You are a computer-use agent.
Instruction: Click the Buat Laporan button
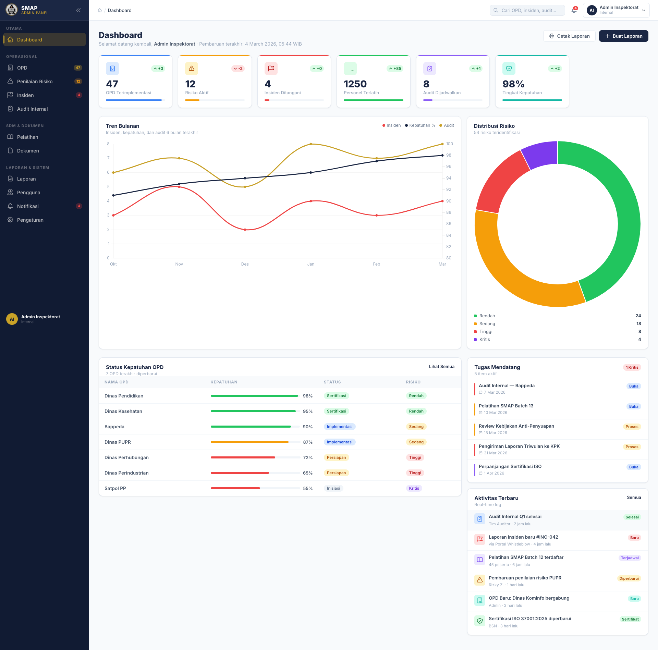click(623, 36)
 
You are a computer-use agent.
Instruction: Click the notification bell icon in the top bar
click(574, 10)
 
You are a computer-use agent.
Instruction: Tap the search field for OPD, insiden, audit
click(527, 10)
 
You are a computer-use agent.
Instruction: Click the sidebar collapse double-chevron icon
click(78, 10)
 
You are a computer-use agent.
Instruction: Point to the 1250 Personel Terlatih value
click(355, 84)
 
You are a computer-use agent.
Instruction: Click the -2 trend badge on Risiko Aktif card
click(238, 69)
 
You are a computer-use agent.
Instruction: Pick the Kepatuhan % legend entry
click(420, 125)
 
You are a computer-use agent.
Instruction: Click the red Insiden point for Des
click(245, 230)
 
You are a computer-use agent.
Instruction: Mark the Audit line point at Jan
click(311, 144)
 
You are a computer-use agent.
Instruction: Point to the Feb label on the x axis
click(377, 264)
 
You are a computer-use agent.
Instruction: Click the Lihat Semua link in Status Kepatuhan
click(442, 367)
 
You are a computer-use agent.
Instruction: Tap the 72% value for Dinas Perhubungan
click(308, 457)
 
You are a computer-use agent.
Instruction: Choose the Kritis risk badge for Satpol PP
click(414, 488)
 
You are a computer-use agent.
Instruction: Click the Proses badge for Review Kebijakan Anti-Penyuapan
click(632, 427)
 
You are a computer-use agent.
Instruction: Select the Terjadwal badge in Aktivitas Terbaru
click(630, 558)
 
